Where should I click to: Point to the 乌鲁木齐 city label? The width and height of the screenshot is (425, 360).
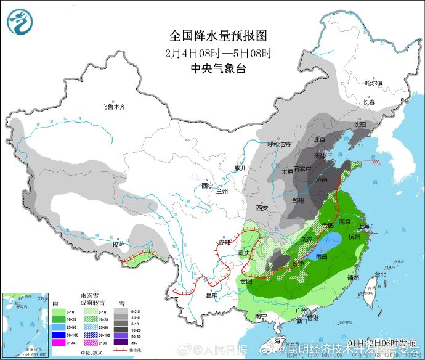click(x=113, y=107)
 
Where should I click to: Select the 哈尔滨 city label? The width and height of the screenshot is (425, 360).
click(x=373, y=83)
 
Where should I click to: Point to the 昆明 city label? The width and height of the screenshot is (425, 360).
click(x=212, y=295)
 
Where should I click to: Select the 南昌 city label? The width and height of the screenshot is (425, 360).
click(x=321, y=255)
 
